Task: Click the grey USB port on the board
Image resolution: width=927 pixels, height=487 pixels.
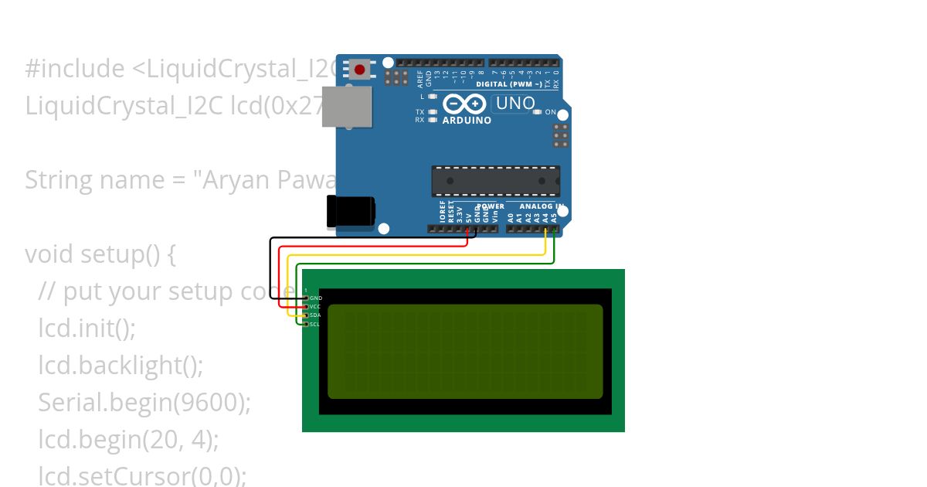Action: (347, 106)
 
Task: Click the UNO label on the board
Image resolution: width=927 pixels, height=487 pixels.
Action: (515, 104)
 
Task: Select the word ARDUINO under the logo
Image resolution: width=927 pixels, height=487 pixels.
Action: (467, 121)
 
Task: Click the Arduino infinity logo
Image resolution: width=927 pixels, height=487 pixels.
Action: (463, 104)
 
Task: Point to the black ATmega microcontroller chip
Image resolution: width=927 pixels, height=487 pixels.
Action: (496, 181)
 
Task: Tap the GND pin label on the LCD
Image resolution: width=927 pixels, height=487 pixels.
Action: (315, 298)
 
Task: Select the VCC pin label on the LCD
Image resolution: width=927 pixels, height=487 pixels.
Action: (315, 307)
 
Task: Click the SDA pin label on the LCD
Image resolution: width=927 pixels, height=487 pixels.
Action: (315, 315)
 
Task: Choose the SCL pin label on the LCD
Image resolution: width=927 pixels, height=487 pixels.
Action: (315, 324)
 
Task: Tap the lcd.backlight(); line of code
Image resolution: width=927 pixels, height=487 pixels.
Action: (121, 365)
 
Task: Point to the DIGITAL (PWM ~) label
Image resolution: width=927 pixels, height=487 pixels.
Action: (509, 83)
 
